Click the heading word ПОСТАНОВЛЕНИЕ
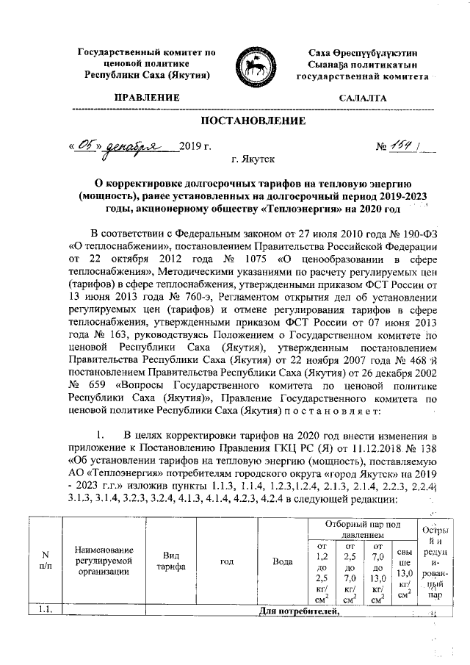pos(253,119)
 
